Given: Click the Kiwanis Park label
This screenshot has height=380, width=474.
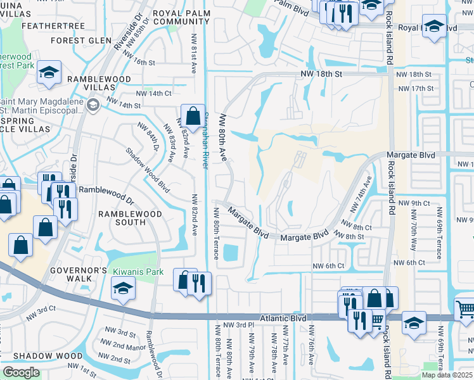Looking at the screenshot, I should pyautogui.click(x=138, y=272).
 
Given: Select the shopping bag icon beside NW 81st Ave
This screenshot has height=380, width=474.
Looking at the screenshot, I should pyautogui.click(x=193, y=116).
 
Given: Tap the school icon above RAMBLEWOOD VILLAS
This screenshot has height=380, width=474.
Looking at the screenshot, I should pyautogui.click(x=48, y=73).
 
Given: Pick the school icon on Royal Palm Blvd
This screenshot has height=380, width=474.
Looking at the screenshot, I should pyautogui.click(x=434, y=27).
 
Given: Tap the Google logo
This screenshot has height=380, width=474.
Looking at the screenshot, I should pyautogui.click(x=22, y=372).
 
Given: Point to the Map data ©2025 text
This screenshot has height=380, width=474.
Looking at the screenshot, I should pyautogui.click(x=447, y=374).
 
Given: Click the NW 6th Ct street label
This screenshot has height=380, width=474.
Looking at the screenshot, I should pyautogui.click(x=328, y=265).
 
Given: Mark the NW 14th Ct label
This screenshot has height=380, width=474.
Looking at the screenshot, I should pyautogui.click(x=151, y=93).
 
